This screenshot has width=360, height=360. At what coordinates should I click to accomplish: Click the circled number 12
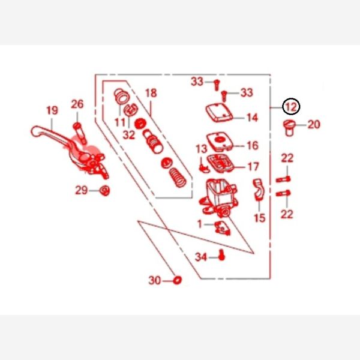tap(291, 107)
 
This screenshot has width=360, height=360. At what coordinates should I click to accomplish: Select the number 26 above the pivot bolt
tap(77, 104)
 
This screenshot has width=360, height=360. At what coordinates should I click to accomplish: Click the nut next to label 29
tap(104, 191)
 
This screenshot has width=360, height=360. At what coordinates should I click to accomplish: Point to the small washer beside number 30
tap(177, 280)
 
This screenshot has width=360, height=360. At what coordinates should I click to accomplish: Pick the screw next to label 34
tap(221, 255)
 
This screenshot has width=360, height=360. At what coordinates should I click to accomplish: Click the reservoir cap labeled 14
tap(219, 113)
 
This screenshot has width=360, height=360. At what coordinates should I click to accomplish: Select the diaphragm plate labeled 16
tap(220, 141)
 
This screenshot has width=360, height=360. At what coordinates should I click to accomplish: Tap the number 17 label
tap(253, 167)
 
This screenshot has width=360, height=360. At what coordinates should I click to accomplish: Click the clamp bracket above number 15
tap(259, 190)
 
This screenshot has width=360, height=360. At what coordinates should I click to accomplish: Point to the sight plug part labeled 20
tap(289, 128)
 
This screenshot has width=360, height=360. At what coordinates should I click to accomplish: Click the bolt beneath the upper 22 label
tap(283, 179)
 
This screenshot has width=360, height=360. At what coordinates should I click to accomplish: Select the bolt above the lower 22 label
tap(283, 194)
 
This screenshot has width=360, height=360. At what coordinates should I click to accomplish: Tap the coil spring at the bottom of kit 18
tap(178, 178)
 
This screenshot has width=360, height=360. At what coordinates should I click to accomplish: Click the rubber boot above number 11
tap(122, 97)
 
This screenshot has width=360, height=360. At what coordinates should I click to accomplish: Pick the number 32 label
tap(129, 135)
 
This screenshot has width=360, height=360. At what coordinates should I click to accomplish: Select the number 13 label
tap(202, 149)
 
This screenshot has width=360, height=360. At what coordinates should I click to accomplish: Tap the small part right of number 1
tap(222, 228)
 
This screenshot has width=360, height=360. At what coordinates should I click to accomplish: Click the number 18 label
tap(151, 93)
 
